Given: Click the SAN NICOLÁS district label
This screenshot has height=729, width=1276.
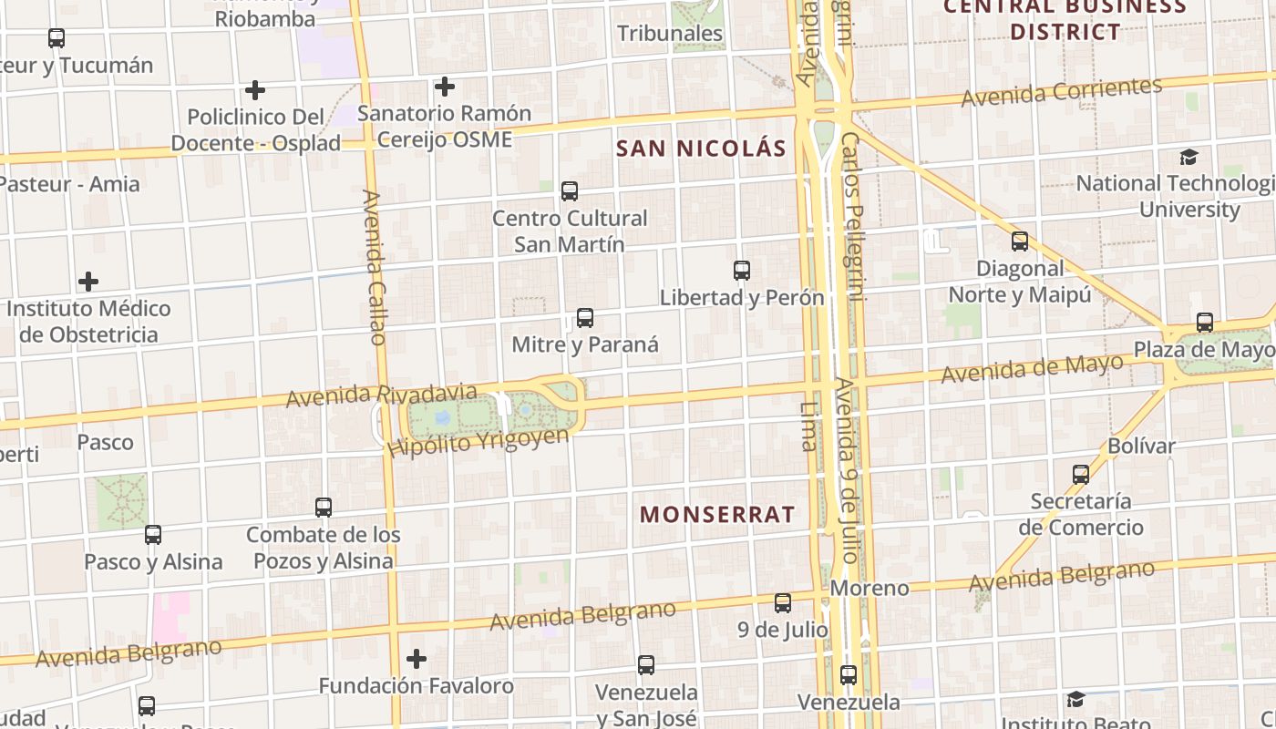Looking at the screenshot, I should tap(701, 149).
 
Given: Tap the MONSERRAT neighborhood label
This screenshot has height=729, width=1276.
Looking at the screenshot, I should tap(717, 514).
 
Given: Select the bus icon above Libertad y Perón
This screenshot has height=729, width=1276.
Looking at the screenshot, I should tap(742, 271).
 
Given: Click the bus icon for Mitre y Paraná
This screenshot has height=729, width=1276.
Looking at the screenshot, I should tap(585, 318).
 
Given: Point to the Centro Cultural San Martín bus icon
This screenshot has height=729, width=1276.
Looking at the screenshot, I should tap(570, 191).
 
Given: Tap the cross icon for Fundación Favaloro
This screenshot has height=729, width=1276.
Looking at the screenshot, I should tap(417, 658).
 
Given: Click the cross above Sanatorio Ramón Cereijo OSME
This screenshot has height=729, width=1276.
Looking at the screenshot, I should tap(445, 87).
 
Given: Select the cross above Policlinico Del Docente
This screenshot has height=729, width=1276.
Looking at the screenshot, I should tap(255, 90).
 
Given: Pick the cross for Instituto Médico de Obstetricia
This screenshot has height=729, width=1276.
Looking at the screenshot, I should tap(88, 282).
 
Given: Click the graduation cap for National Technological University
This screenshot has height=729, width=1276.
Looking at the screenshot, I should tap(1189, 157).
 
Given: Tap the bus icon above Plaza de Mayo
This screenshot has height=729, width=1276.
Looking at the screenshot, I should tap(1205, 323).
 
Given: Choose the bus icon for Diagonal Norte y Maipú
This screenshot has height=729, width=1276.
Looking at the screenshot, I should tap(1020, 241).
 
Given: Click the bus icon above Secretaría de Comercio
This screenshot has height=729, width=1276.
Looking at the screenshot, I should tap(1081, 475).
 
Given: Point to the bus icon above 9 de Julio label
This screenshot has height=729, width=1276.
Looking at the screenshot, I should tap(783, 603).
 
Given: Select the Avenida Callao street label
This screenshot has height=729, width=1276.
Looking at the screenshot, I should tap(375, 267).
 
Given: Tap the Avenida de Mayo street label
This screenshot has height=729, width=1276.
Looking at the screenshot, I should tap(1032, 369).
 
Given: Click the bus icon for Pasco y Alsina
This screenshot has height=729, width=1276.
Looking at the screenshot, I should tap(153, 535).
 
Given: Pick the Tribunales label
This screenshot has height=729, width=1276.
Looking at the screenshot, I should tap(670, 34).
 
